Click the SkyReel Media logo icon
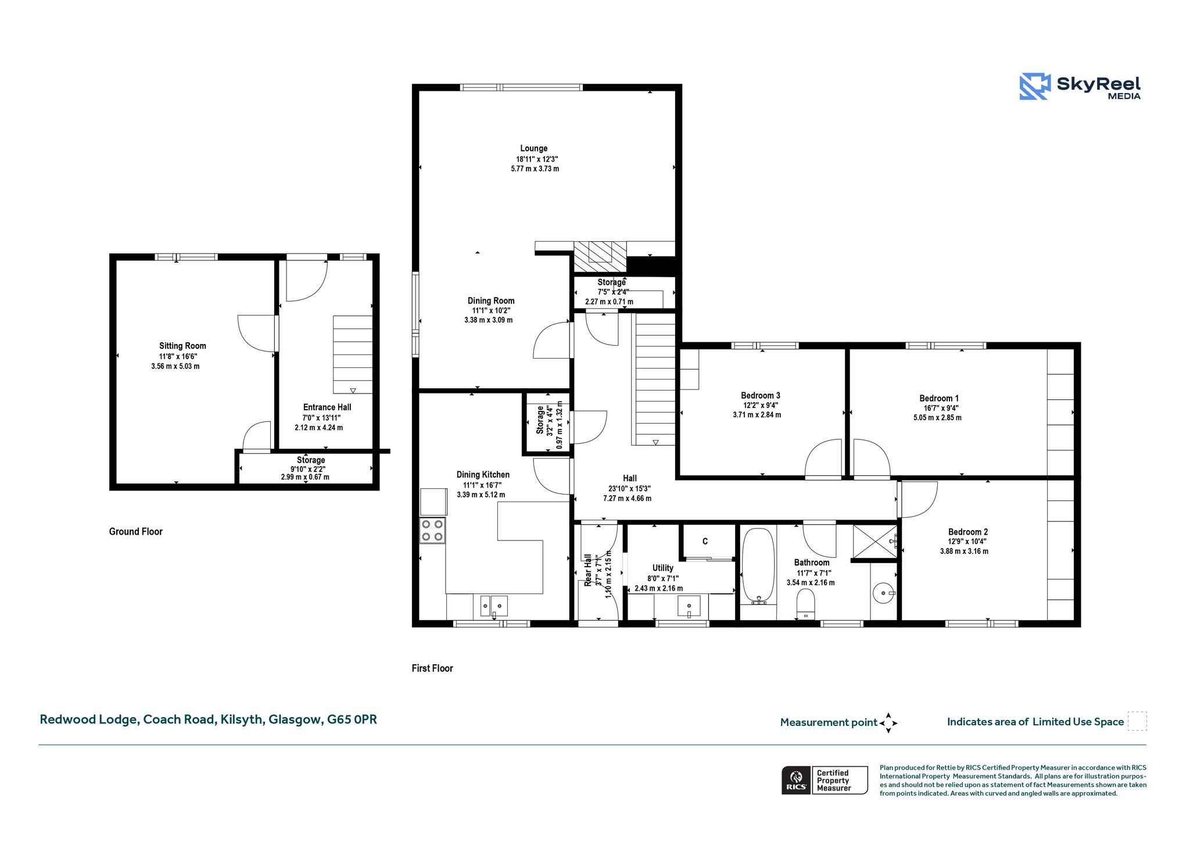click(x=1034, y=86)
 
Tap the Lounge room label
click(x=533, y=148)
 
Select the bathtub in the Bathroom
click(x=758, y=566)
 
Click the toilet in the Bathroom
click(x=806, y=604)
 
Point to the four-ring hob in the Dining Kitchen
click(x=432, y=531)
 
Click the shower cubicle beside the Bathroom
click(x=874, y=541)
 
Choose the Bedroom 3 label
click(x=761, y=395)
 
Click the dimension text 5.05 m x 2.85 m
click(x=937, y=417)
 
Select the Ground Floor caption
click(x=136, y=531)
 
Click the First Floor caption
click(x=432, y=668)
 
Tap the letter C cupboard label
click(x=705, y=542)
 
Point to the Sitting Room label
click(x=182, y=346)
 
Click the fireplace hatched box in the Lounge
click(x=600, y=256)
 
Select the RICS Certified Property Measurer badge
click(x=825, y=780)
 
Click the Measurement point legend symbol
click(x=888, y=723)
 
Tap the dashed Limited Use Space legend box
click(x=1137, y=721)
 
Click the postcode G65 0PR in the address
click(x=352, y=720)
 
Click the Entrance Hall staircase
click(x=353, y=355)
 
